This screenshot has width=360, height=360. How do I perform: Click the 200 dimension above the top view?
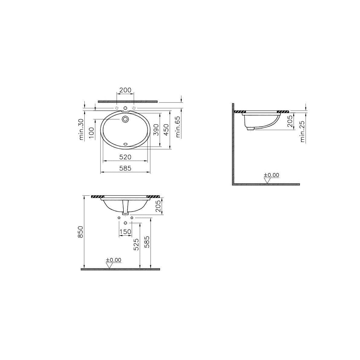[x=125, y=90]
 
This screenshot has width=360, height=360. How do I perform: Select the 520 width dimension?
[x=125, y=157]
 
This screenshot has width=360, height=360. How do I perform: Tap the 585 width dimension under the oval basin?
[x=125, y=168]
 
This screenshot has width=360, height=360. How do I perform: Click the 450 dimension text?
[x=165, y=129]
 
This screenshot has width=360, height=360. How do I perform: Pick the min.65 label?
[x=178, y=127]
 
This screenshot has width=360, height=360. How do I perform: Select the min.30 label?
[x=81, y=129]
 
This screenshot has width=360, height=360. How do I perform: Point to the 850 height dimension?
[x=80, y=232]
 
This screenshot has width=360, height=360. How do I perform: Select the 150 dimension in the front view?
[x=125, y=232]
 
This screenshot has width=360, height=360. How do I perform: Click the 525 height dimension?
[x=136, y=244]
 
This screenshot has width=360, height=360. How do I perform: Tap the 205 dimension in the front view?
[x=158, y=206]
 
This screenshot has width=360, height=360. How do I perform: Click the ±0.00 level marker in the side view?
[x=271, y=175]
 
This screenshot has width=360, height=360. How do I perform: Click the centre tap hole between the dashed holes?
[x=125, y=108]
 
